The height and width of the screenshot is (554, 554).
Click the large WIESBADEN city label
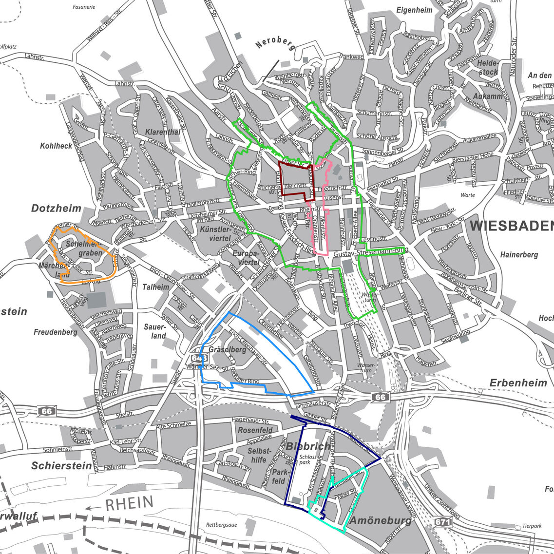(512, 226)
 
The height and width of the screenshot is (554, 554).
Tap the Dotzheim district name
(56, 209)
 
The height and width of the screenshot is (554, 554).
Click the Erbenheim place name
(518, 382)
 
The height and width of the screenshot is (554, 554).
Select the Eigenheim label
(414, 10)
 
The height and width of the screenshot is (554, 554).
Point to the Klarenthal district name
(163, 132)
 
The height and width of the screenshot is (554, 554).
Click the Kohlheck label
(56, 146)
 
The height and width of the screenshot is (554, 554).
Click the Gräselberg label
(227, 349)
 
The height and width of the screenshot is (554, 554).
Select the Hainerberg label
(519, 254)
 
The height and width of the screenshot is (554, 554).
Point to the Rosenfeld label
(255, 430)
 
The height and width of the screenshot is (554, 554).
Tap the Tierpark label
(532, 526)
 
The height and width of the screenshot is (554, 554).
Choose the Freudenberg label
(56, 332)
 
